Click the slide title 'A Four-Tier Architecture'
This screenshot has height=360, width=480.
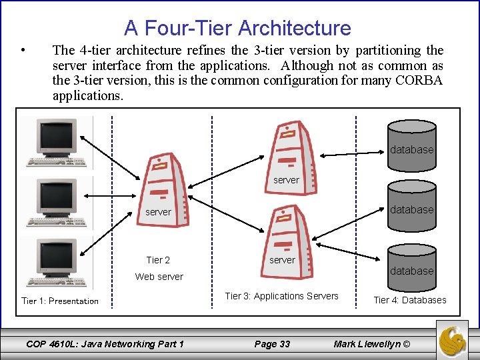click(x=237, y=28)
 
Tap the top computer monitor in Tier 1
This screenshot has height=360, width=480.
click(x=57, y=140)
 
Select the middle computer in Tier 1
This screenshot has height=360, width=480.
click(x=57, y=201)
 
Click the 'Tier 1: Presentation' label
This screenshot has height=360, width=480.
click(x=60, y=301)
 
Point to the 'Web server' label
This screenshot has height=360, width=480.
click(x=159, y=276)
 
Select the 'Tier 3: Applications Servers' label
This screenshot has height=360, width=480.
click(x=281, y=296)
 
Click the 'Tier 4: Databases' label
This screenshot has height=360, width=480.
click(x=410, y=300)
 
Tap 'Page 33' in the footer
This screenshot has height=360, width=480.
click(x=272, y=344)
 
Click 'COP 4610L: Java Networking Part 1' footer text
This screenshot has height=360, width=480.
click(x=105, y=344)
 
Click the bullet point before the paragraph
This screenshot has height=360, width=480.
click(x=23, y=51)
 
